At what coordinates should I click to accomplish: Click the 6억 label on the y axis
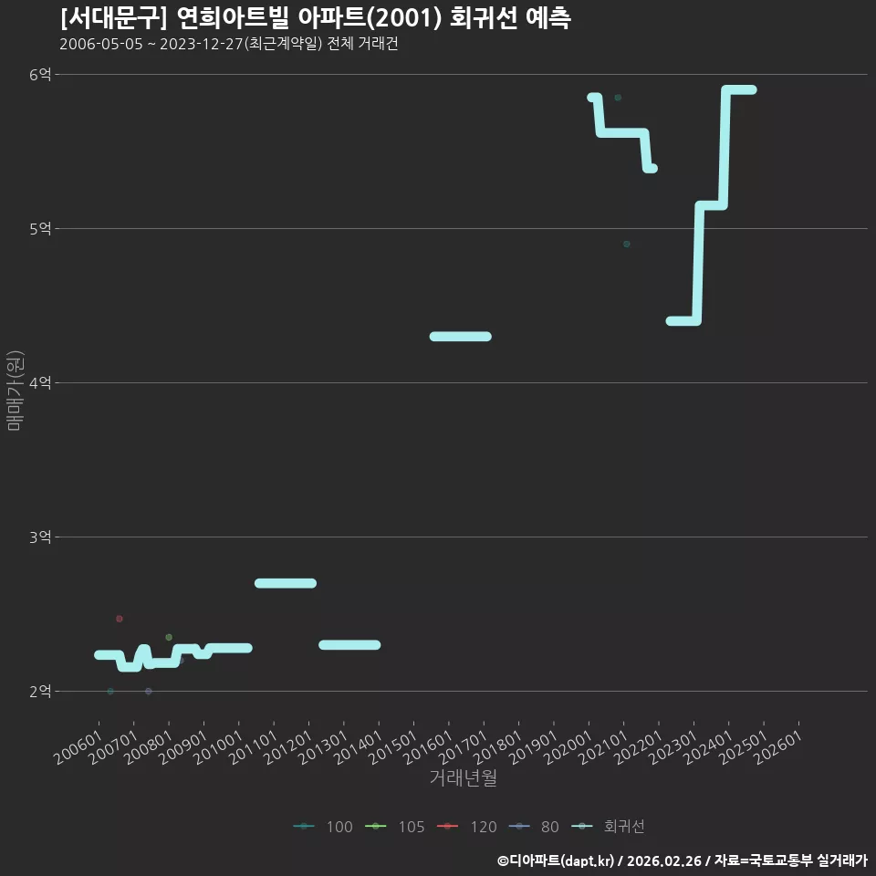point(39,74)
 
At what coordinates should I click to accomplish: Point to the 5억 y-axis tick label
point(39,228)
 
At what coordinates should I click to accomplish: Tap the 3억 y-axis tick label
point(39,537)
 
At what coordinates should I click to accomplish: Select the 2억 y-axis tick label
point(39,691)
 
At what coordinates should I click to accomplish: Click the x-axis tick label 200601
point(78,747)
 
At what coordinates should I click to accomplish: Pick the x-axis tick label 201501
point(393,747)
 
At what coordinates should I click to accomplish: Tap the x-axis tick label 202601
point(778,747)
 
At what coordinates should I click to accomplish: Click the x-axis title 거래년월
point(464,777)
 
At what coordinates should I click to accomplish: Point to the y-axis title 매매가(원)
point(16,391)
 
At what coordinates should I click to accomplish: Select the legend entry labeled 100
point(323,827)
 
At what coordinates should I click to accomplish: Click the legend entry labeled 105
point(394,827)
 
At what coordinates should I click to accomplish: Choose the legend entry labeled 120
point(466,827)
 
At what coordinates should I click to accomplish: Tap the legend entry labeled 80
point(534,827)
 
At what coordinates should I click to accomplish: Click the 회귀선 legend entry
point(608,827)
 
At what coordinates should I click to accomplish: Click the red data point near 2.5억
point(119,619)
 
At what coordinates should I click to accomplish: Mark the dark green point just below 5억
point(627,245)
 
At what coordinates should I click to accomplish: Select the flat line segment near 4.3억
point(460,337)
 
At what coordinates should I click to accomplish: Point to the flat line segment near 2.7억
point(286,583)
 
